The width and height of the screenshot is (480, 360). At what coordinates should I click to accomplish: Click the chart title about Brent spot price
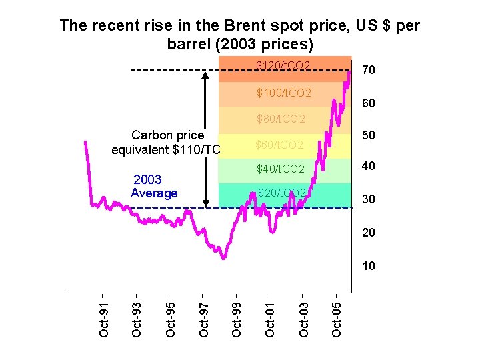tap(239, 35)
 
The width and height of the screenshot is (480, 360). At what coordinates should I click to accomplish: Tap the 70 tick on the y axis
tap(368, 70)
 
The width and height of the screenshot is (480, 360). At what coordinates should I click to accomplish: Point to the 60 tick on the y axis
tap(368, 104)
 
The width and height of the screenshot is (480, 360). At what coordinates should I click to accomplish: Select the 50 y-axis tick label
tap(368, 135)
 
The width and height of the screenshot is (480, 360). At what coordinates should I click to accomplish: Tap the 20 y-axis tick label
tap(368, 233)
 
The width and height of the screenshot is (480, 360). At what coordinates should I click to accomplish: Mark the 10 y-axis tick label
tap(368, 266)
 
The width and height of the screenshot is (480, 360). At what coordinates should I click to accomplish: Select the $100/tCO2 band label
tap(284, 92)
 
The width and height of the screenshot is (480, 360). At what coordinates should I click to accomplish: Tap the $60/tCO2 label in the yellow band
tap(279, 145)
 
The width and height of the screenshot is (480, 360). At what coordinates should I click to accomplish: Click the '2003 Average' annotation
tap(155, 187)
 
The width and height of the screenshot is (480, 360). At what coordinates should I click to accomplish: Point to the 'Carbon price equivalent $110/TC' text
tap(165, 142)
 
